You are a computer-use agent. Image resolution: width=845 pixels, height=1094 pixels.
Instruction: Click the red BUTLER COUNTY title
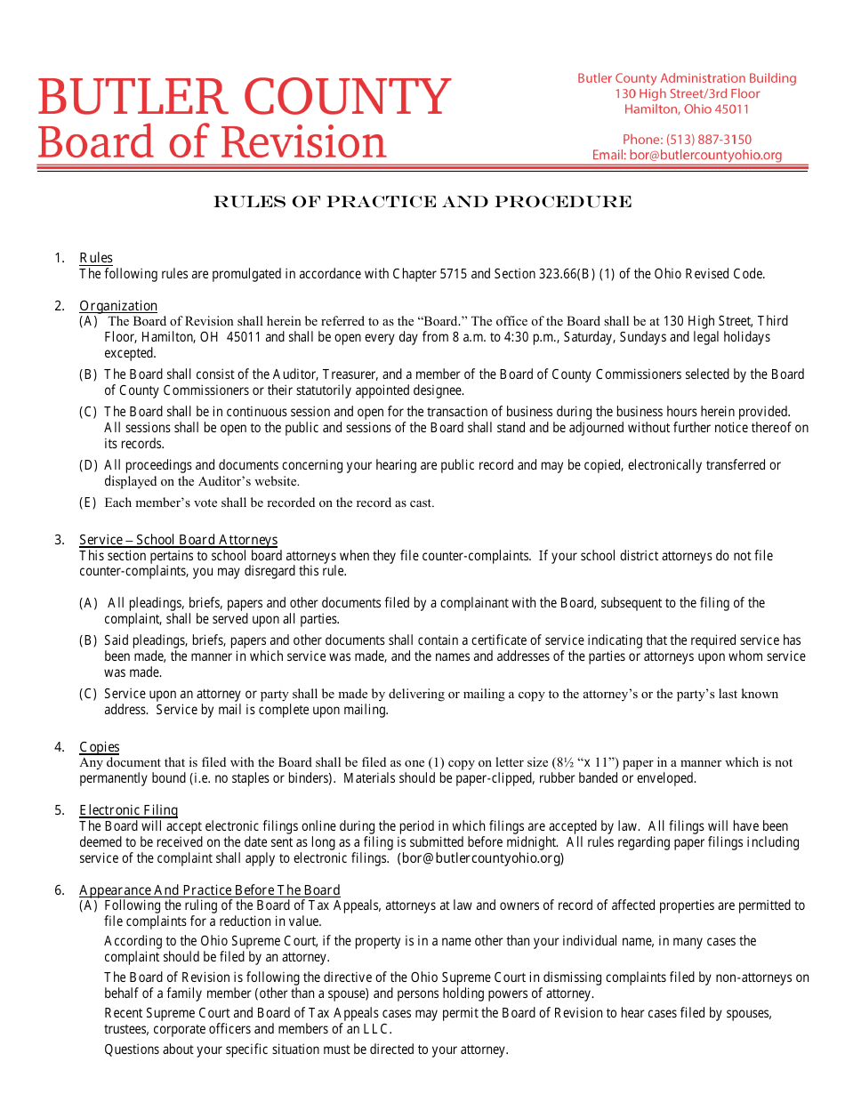pyautogui.click(x=244, y=97)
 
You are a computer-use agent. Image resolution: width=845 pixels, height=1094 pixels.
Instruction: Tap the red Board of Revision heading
pyautogui.click(x=212, y=142)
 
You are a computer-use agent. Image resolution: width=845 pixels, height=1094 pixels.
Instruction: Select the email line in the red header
pyautogui.click(x=687, y=155)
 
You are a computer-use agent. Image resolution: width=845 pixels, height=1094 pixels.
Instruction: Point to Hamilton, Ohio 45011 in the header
pyautogui.click(x=687, y=109)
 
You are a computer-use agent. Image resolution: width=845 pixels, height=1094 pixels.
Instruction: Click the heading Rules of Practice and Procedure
pyautogui.click(x=422, y=202)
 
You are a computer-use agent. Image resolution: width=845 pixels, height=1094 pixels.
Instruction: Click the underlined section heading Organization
pyautogui.click(x=118, y=306)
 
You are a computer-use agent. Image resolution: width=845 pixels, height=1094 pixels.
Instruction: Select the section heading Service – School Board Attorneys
pyautogui.click(x=178, y=540)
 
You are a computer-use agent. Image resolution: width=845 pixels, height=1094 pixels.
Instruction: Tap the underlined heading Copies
pyautogui.click(x=99, y=747)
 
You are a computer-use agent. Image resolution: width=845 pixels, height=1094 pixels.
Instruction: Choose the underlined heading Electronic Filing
pyautogui.click(x=128, y=810)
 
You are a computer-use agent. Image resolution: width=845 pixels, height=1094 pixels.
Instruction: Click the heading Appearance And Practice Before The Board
pyautogui.click(x=209, y=890)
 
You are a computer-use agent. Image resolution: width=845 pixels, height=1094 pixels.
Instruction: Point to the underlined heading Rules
pyautogui.click(x=96, y=258)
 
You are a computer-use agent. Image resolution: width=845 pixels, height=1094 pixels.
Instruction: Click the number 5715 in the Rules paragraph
pyautogui.click(x=453, y=274)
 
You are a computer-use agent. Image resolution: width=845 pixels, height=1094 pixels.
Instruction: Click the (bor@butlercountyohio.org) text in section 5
pyautogui.click(x=480, y=858)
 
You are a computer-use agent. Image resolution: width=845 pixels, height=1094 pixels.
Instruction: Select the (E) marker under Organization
pyautogui.click(x=88, y=503)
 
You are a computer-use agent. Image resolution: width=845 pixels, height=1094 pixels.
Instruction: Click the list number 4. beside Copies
pyautogui.click(x=60, y=747)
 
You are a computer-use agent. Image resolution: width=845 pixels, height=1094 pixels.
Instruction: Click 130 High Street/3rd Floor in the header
pyautogui.click(x=687, y=93)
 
